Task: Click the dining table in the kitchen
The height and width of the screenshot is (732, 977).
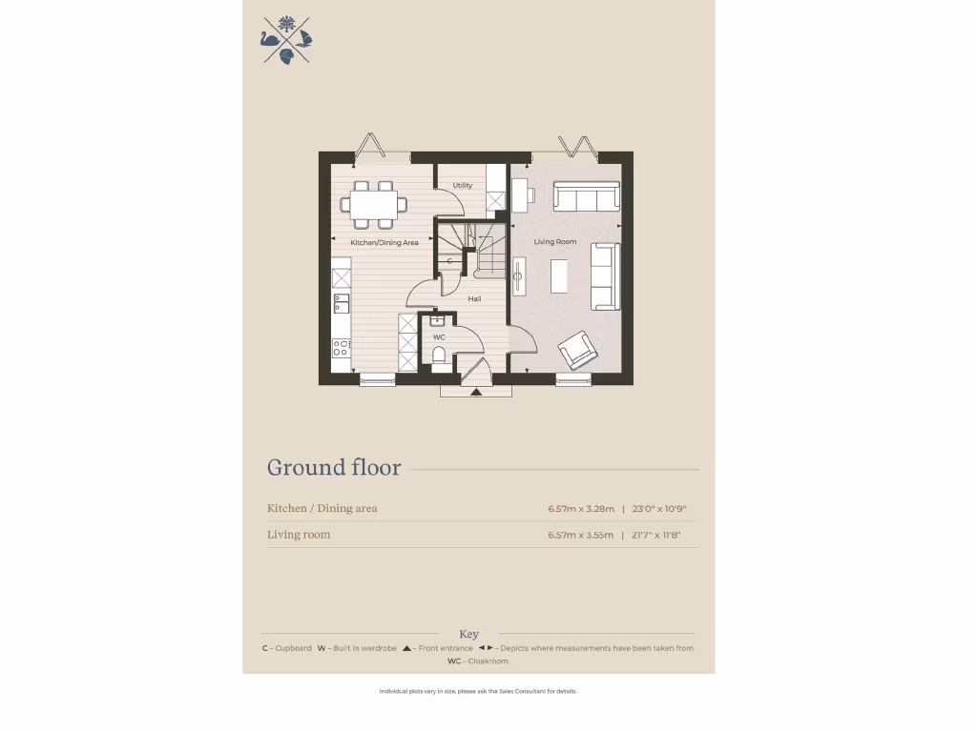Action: pos(373,203)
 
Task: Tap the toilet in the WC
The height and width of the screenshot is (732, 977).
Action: pos(439,357)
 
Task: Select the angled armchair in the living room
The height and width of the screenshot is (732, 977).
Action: pos(578,350)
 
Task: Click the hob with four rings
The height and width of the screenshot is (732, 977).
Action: pos(341,348)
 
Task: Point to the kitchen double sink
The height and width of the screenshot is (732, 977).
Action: pos(341,303)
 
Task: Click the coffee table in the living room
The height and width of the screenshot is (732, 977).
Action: pos(558,276)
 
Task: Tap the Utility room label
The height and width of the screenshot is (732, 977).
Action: pos(463,186)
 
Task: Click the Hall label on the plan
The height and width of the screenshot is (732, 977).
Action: pos(474,299)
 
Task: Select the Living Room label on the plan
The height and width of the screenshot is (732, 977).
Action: pos(555,242)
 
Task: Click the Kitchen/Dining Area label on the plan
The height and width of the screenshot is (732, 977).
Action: pos(385,243)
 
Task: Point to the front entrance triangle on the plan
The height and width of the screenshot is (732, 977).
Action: pos(475,391)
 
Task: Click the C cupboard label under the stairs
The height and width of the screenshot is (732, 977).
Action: pos(449,260)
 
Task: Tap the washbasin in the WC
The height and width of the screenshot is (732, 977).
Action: pos(437,321)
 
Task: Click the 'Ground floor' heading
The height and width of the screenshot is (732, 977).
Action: pos(334,468)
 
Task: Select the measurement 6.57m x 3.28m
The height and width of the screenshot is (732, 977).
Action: pos(580,509)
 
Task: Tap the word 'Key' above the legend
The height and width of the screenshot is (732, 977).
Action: pos(468,634)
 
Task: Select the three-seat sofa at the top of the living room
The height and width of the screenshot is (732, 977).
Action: pos(587,197)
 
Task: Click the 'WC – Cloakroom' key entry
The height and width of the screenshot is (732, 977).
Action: pos(477,661)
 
